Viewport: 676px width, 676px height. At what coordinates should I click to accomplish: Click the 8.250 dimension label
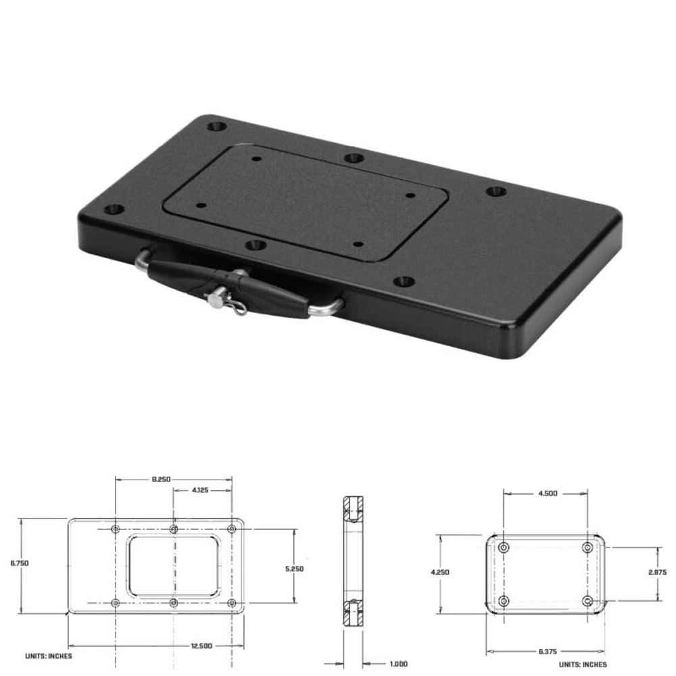[160, 479]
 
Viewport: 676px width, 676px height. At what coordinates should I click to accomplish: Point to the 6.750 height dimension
[20, 562]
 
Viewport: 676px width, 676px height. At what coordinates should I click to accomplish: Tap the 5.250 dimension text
[295, 569]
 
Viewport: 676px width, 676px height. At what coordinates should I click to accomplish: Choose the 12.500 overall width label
[201, 646]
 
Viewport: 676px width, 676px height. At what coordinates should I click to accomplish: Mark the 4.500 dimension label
[547, 493]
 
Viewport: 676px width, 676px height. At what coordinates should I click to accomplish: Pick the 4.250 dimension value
[439, 572]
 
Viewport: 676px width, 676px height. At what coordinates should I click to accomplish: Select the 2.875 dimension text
[656, 572]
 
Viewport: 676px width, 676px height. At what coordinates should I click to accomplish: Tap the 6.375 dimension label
[547, 652]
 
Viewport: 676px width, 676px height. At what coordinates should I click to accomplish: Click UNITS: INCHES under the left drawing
[49, 656]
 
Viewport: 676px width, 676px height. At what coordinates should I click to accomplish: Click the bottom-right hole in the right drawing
[587, 600]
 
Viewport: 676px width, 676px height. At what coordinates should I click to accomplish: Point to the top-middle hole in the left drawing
[174, 529]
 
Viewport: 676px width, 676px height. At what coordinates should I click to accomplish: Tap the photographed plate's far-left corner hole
[116, 209]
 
